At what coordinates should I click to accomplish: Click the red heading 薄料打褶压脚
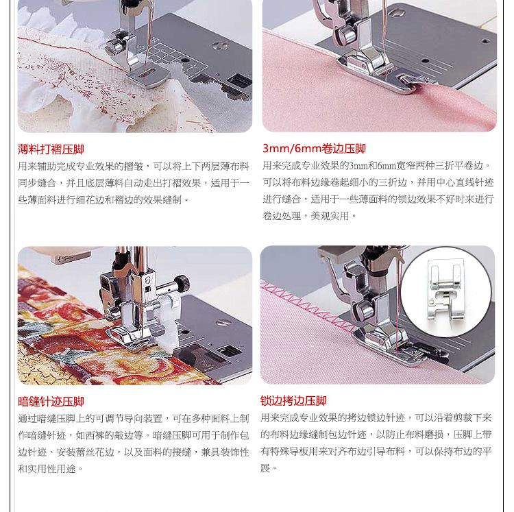51,149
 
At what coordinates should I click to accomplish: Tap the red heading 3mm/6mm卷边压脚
314,149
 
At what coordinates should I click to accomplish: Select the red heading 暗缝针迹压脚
51,402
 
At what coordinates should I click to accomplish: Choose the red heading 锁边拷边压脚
293,400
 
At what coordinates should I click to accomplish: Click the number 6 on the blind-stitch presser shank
148,280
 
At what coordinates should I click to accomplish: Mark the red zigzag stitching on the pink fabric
305,304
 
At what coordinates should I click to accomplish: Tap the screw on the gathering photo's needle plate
220,46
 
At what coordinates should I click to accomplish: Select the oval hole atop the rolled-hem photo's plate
396,12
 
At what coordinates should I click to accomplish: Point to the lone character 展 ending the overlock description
265,468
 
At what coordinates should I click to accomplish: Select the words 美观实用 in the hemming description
330,216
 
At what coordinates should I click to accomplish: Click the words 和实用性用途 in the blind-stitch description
47,469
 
